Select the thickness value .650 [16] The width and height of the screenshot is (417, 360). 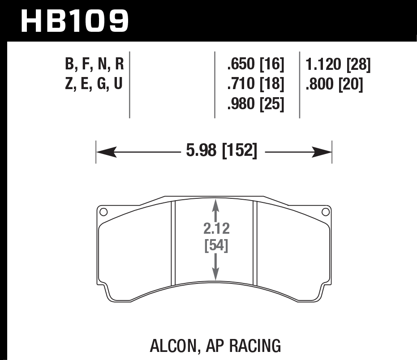pyautogui.click(x=256, y=65)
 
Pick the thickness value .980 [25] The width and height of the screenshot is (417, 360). pyautogui.click(x=256, y=104)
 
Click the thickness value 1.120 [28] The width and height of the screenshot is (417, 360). pyautogui.click(x=338, y=65)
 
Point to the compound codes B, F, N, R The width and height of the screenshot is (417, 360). pyautogui.click(x=94, y=65)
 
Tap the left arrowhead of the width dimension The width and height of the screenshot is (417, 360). pyautogui.click(x=105, y=153)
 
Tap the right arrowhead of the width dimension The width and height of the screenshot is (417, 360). pyautogui.click(x=322, y=153)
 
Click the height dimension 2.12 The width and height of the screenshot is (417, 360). pyautogui.click(x=216, y=229)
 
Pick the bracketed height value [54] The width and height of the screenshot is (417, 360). pyautogui.click(x=216, y=246)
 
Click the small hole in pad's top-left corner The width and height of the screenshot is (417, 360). pyautogui.click(x=103, y=212)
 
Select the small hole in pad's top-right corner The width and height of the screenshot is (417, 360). pyautogui.click(x=326, y=212)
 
